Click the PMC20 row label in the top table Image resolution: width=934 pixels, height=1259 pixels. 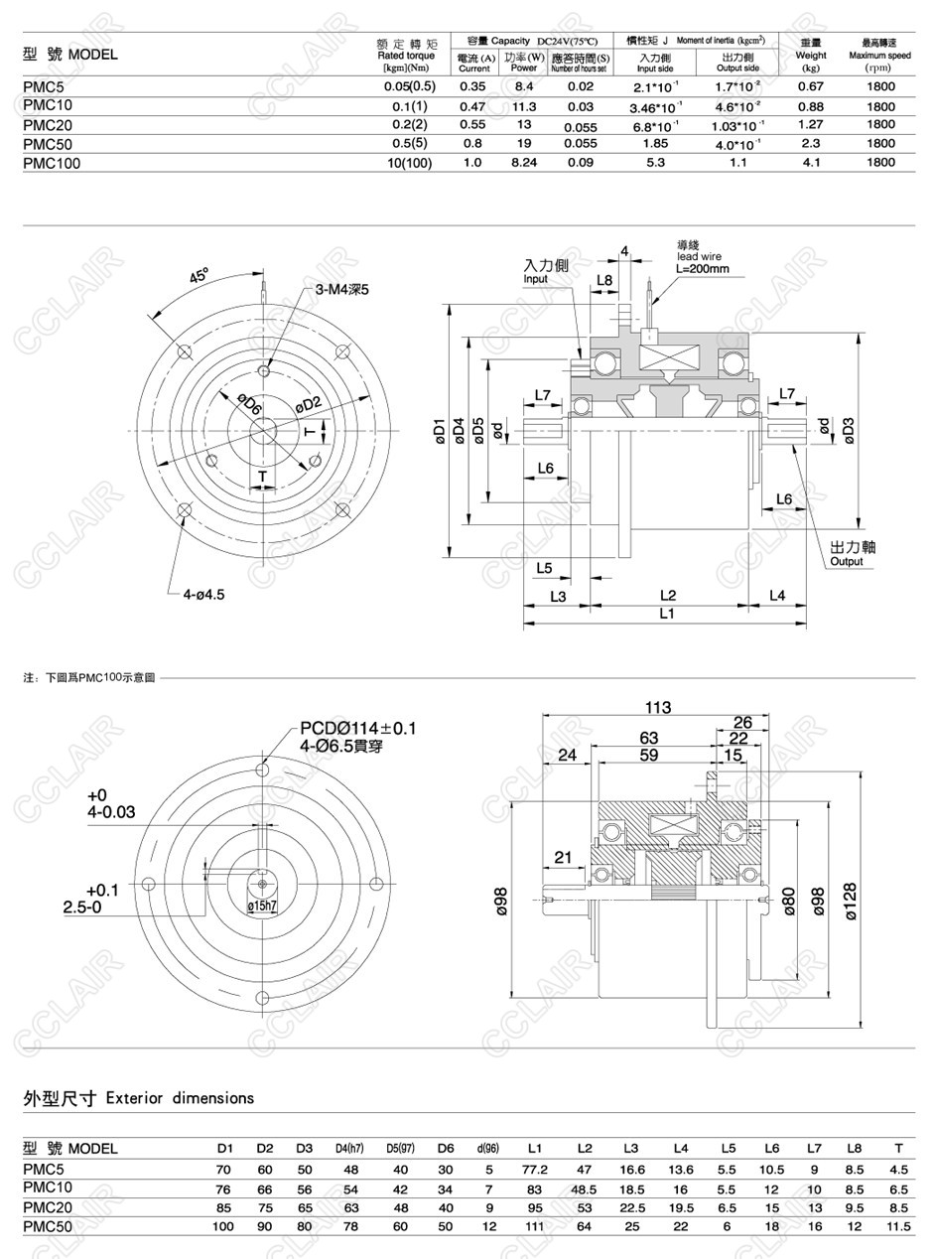pos(48,125)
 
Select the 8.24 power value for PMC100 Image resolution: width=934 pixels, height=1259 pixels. pos(523,163)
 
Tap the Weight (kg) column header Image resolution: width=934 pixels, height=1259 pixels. pos(811,62)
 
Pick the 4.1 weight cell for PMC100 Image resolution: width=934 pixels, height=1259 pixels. pos(811,163)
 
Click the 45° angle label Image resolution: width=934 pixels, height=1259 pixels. pos(200,275)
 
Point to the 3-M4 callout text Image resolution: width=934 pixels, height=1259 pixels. pos(342,290)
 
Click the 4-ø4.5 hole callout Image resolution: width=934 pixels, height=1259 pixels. pos(203,594)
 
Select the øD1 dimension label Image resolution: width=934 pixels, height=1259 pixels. pos(439,432)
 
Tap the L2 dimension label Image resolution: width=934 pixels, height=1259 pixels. pos(667,596)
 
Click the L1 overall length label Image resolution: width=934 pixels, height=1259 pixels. pos(667,614)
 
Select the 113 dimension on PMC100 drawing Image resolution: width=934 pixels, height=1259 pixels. pos(658,708)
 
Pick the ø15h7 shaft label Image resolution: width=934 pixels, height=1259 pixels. pos(262,906)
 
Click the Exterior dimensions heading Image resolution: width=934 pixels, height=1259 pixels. pos(139,1098)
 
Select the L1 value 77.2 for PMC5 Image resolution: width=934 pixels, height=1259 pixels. pos(535,1170)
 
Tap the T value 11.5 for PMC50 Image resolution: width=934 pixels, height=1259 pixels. pos(898,1227)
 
